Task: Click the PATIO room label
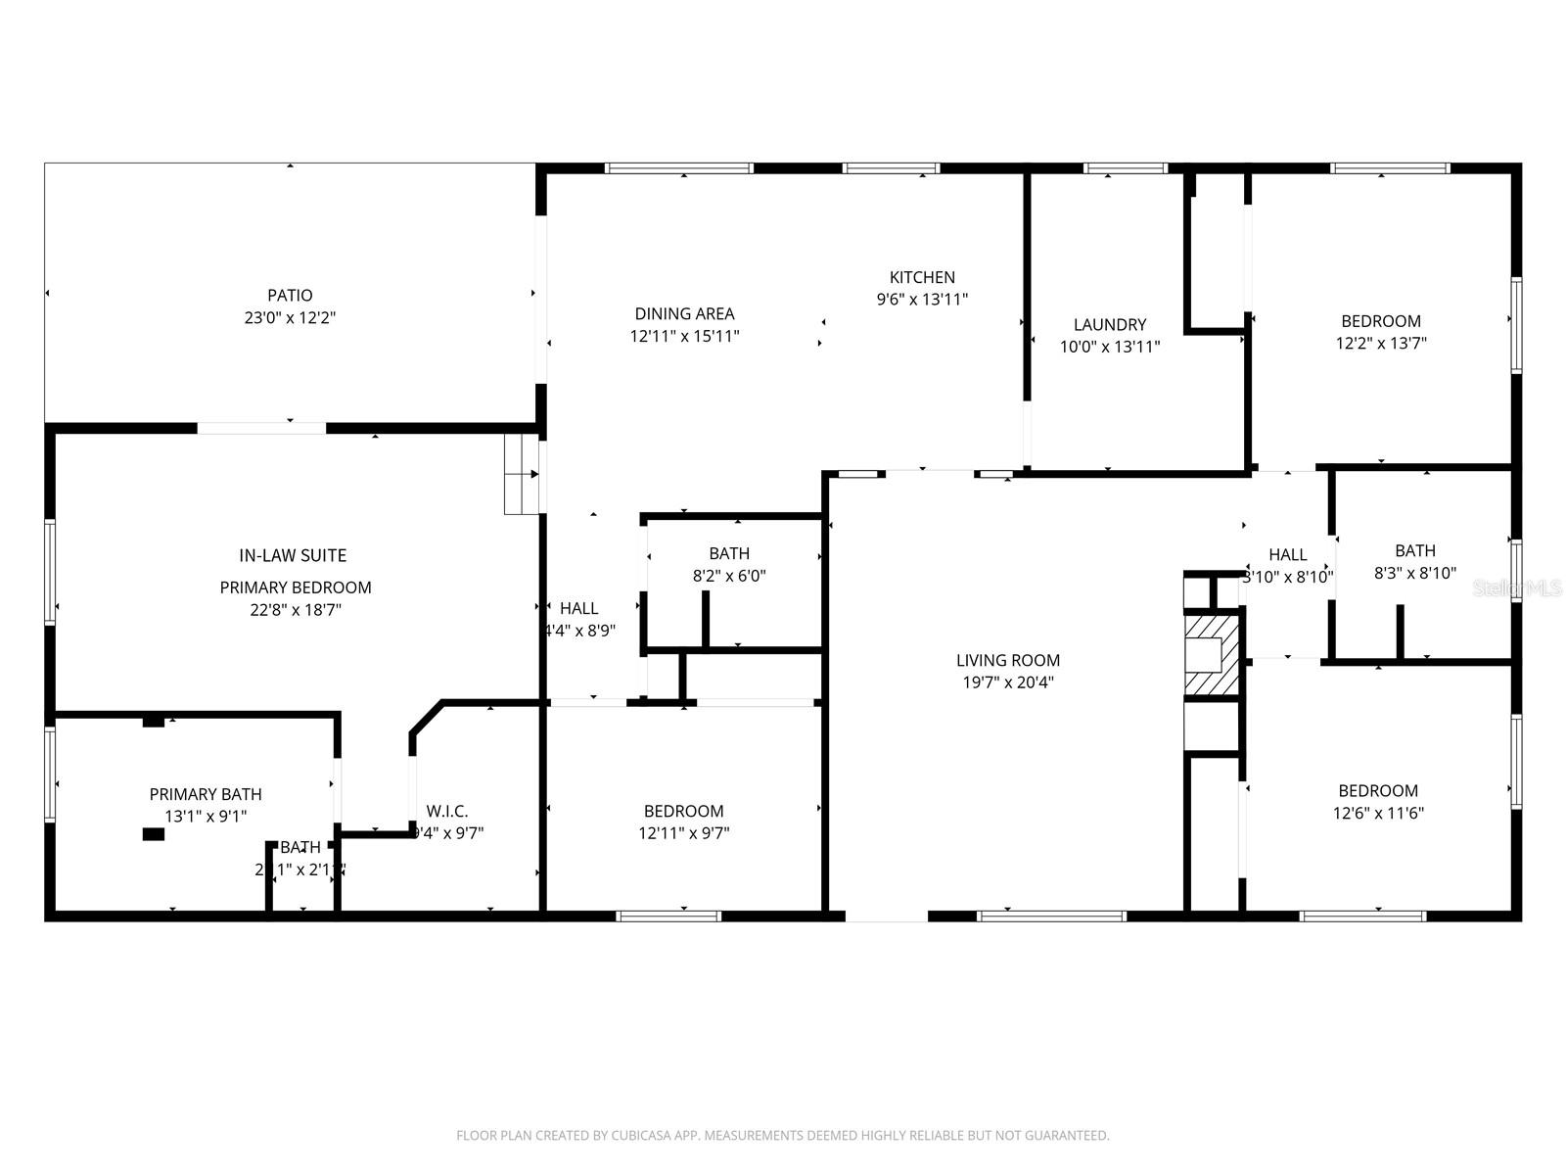click(290, 295)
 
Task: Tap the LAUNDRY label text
click(1109, 324)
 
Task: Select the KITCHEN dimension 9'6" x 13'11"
click(922, 300)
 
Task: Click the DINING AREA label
click(684, 313)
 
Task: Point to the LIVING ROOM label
click(1008, 660)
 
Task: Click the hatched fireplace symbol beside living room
click(1212, 654)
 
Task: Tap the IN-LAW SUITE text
click(293, 555)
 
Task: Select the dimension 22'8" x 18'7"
click(295, 610)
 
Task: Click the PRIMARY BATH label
click(206, 794)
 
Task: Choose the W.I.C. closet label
click(447, 811)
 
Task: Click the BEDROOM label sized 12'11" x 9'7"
click(683, 811)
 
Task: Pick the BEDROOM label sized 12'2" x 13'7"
click(1380, 321)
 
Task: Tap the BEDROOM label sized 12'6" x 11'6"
click(1377, 790)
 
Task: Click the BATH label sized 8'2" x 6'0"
click(729, 553)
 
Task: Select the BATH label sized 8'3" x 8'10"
click(1415, 550)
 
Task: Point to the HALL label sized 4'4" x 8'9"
click(578, 608)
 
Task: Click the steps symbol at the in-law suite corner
click(522, 475)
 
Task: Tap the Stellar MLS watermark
click(1517, 587)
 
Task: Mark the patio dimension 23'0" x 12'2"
click(291, 318)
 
